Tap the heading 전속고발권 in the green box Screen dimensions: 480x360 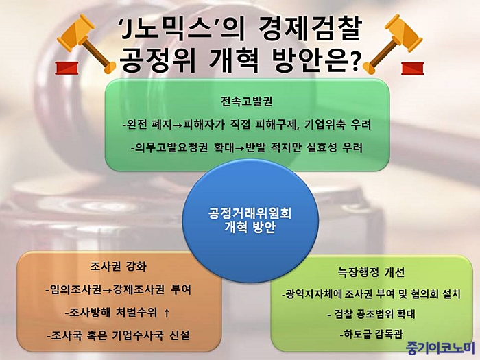pyautogui.click(x=247, y=101)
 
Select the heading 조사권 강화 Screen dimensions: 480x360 pyautogui.click(x=119, y=266)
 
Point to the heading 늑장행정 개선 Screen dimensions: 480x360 pyautogui.click(x=371, y=272)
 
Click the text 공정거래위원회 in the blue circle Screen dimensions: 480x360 pyautogui.click(x=250, y=213)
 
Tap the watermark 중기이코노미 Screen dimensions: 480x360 pyautogui.click(x=440, y=348)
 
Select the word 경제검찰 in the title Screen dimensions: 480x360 pyautogui.click(x=310, y=29)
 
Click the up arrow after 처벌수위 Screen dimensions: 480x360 pyautogui.click(x=167, y=313)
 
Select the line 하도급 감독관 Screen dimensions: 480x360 pyautogui.click(x=371, y=334)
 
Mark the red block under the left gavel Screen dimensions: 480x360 pyautogui.click(x=67, y=68)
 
